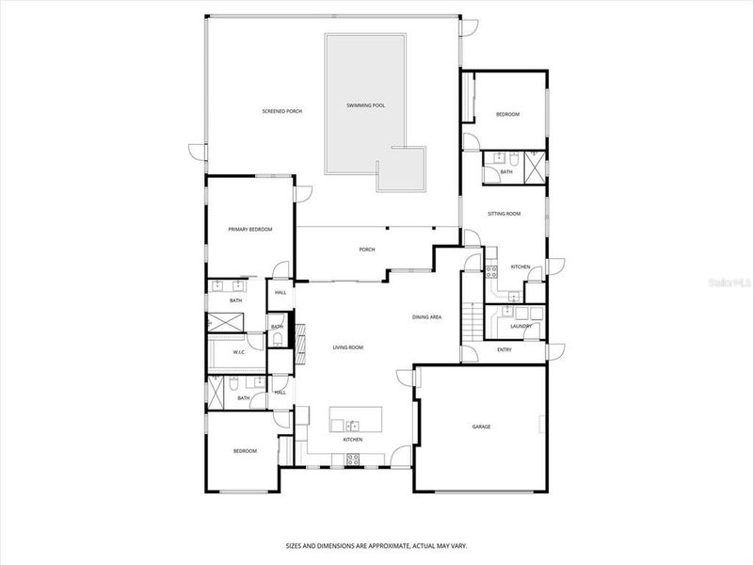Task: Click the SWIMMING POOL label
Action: tap(366, 105)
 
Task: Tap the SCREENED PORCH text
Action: tap(281, 111)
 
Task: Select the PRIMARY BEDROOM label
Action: tap(250, 229)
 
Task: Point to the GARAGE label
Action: tap(481, 427)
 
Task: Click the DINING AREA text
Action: tap(426, 317)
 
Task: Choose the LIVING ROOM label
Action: tap(347, 347)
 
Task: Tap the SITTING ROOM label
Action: tap(504, 214)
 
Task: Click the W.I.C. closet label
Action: tap(239, 353)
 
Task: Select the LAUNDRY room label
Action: tap(521, 326)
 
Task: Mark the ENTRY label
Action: tap(505, 351)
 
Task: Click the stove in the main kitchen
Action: tap(354, 460)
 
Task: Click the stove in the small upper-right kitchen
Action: tap(490, 273)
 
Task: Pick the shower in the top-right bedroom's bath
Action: tap(533, 167)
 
